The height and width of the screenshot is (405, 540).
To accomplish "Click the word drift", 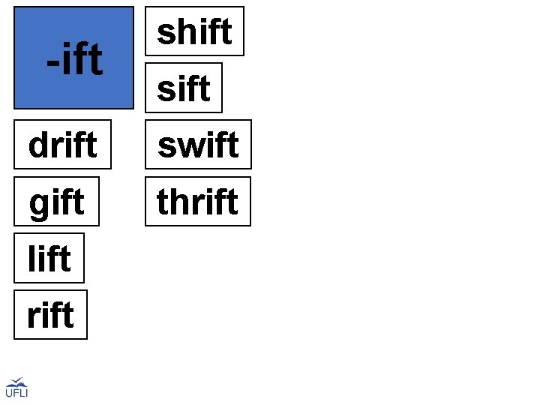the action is tap(62, 145).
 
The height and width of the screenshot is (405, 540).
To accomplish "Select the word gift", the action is tap(56, 202).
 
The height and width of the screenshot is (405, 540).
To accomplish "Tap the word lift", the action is tap(49, 259).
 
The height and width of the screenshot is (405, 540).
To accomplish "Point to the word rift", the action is tap(50, 315).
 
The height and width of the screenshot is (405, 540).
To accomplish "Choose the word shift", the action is tap(194, 31).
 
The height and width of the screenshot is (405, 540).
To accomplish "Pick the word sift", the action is tap(184, 88).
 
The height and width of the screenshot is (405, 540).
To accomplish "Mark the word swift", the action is tap(198, 145).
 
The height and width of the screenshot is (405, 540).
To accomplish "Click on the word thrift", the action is tap(197, 202).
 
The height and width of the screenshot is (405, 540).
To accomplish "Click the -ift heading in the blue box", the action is tap(73, 60).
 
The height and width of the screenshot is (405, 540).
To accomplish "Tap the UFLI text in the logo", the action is tap(16, 393).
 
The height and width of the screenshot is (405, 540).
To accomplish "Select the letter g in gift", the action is tap(37, 203).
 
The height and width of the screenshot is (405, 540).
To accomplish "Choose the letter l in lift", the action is tap(31, 259).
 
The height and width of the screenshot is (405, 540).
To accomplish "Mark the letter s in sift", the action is tap(165, 90).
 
